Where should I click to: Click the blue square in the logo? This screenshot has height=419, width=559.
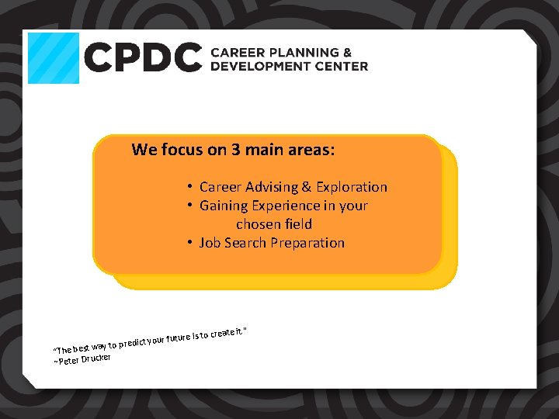point(54,58)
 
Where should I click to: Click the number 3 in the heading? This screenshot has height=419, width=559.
point(235,150)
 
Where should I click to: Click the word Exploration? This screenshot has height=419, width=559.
point(350,187)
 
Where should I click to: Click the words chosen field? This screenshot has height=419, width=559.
point(274,224)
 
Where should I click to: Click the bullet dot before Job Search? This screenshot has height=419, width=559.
point(189,243)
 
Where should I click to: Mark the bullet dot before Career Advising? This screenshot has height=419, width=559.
point(189,187)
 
